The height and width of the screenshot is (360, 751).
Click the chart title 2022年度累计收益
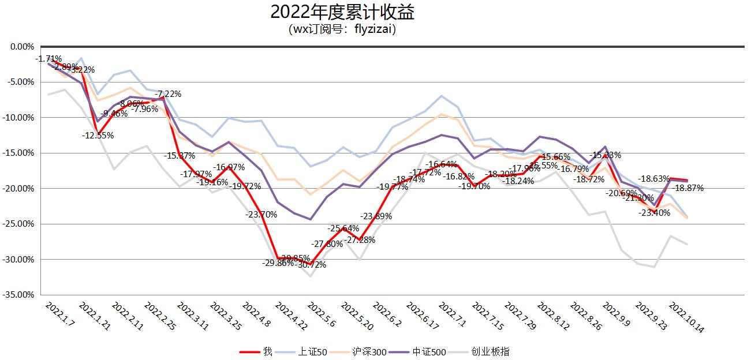click(x=342, y=12)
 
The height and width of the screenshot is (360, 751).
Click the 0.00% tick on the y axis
click(x=23, y=46)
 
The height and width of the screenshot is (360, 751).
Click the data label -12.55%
click(x=98, y=136)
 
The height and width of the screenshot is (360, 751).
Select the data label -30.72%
click(x=310, y=265)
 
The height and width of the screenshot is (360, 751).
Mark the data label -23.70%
click(x=261, y=215)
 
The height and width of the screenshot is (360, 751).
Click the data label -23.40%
click(x=654, y=212)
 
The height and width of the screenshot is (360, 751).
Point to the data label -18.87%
click(x=688, y=188)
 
